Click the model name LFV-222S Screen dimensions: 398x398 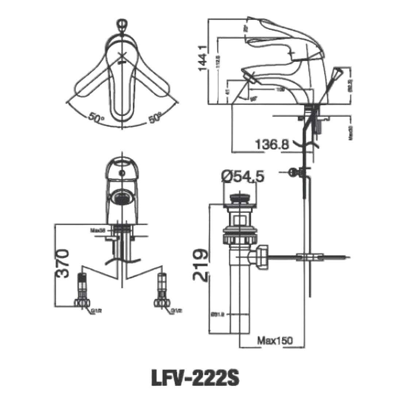195,378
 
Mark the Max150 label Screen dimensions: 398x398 275,341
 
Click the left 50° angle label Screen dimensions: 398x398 96,118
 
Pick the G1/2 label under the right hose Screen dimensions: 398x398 176,311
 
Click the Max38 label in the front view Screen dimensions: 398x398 98,230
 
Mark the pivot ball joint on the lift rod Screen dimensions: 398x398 293,172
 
